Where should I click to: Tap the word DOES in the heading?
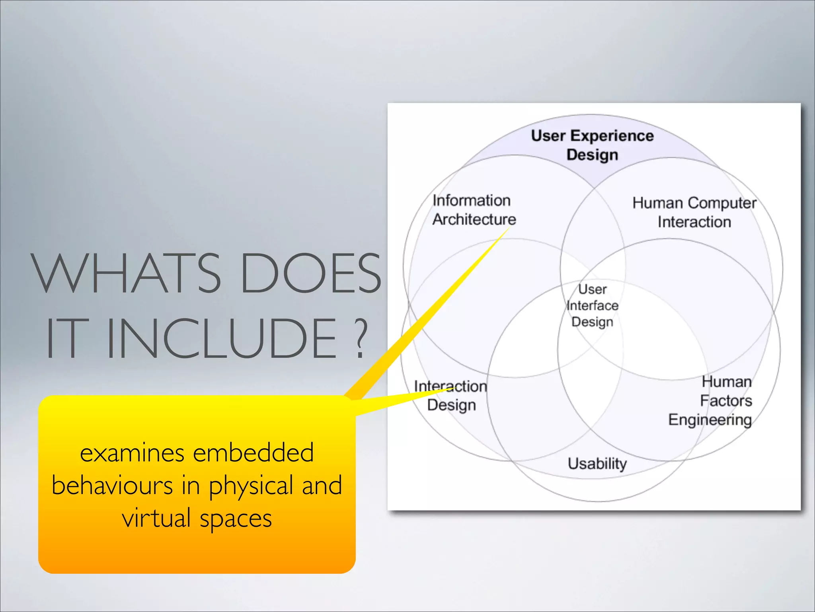310,273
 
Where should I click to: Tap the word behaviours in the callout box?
112,486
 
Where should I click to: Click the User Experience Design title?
592,145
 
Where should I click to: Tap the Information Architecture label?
474,210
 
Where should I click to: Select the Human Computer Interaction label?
694,212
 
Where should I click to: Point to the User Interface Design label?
592,306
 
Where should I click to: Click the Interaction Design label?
450,395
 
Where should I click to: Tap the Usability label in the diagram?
597,464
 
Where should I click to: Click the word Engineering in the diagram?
710,420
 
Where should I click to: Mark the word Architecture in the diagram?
474,220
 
